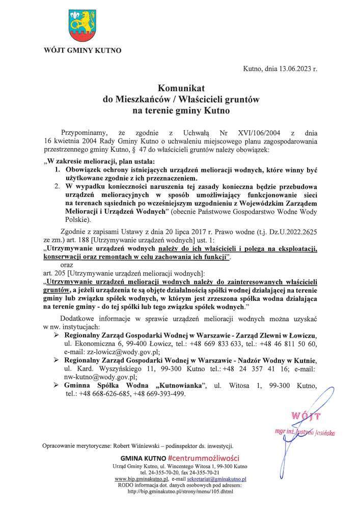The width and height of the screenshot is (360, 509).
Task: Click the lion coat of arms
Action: click(81, 25)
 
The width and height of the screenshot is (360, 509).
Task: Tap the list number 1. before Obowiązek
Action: click(58, 172)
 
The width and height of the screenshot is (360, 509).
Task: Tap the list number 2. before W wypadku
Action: click(58, 186)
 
